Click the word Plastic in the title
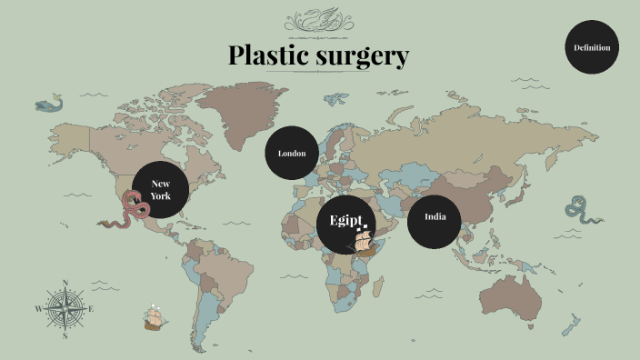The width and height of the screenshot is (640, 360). (x=269, y=55)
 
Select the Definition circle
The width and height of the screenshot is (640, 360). (x=592, y=47)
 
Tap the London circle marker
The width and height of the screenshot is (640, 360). (x=292, y=153)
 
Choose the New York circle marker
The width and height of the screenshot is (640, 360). (x=160, y=190)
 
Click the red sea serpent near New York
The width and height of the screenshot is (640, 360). (x=130, y=217)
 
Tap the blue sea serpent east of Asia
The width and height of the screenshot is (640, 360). (x=579, y=211)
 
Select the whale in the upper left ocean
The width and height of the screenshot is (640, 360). (x=50, y=104)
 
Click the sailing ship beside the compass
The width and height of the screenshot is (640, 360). (x=155, y=318)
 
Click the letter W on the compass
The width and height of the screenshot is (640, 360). (x=38, y=309)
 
